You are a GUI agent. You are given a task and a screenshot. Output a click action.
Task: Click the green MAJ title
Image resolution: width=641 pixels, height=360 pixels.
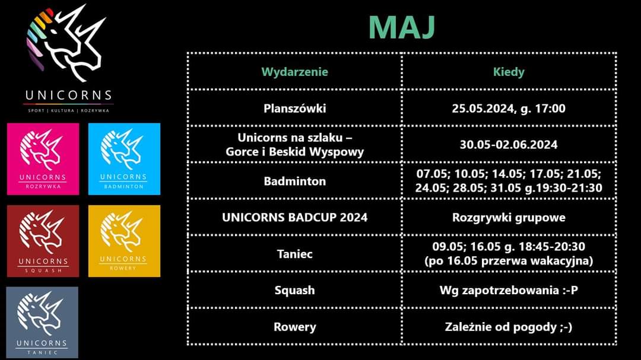[x=401, y=28]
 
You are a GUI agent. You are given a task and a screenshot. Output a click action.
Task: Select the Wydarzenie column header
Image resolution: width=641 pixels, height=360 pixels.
[x=295, y=72]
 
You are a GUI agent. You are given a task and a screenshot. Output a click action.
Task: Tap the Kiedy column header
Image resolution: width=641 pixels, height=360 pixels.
[x=509, y=72]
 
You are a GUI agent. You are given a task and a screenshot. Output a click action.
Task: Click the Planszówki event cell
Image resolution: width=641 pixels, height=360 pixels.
[x=295, y=109]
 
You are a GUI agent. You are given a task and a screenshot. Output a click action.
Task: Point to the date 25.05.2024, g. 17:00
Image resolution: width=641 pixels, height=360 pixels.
[x=509, y=109]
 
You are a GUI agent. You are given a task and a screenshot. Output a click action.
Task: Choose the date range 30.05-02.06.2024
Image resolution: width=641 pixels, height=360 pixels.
[x=509, y=145]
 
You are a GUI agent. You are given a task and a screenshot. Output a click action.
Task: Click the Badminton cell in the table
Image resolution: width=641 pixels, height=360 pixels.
[x=295, y=181]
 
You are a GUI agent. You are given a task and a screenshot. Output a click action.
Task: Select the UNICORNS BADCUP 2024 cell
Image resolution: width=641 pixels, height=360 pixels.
[x=295, y=218]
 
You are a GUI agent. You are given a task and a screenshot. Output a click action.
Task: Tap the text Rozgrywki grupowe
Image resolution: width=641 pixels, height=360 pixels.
[x=509, y=218]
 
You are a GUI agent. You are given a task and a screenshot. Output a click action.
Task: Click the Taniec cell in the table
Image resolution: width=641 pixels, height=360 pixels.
[x=295, y=254]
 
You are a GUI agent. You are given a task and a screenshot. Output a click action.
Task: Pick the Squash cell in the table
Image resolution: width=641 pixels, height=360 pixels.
[x=295, y=290]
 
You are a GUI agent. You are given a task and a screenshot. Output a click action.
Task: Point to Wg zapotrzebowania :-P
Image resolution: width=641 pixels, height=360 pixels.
[x=509, y=290]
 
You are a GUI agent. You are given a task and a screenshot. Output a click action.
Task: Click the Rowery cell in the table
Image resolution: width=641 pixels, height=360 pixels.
[x=295, y=327]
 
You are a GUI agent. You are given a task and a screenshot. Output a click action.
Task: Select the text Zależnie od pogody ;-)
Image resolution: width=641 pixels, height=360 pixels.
[x=509, y=327]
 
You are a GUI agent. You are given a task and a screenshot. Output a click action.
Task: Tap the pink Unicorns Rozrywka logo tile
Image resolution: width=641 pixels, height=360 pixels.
[x=43, y=159]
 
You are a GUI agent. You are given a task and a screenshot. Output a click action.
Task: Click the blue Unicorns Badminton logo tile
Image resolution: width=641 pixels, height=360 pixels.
[x=124, y=159]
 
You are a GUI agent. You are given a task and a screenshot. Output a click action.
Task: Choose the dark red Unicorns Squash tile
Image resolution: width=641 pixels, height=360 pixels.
[x=43, y=241]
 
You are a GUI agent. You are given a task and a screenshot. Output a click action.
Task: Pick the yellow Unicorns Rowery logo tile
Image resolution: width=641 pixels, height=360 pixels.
[x=124, y=241]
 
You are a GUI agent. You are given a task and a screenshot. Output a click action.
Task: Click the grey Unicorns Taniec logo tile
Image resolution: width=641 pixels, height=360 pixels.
[x=42, y=323]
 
